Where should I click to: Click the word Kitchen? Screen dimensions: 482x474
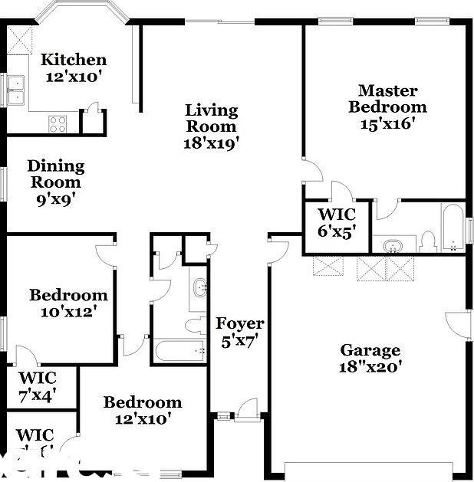(x=73, y=60)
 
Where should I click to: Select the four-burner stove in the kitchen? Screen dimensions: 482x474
(x=58, y=123)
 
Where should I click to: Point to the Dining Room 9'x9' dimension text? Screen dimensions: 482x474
(x=56, y=199)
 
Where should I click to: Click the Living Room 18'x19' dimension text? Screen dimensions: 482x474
(x=212, y=142)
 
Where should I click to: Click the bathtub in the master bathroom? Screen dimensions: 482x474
(x=452, y=227)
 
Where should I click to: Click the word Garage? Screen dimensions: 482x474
(x=370, y=351)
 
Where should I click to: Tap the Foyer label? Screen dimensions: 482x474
(x=239, y=323)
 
